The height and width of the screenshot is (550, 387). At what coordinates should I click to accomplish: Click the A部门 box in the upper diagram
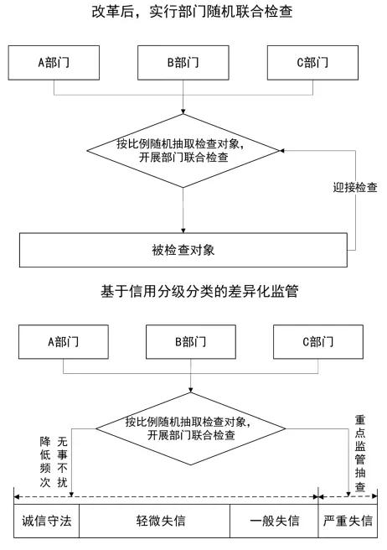pyautogui.click(x=54, y=63)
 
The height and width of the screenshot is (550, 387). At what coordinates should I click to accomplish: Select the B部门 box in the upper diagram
pyautogui.click(x=183, y=63)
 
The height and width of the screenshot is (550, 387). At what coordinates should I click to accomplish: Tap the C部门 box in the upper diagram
pyautogui.click(x=312, y=63)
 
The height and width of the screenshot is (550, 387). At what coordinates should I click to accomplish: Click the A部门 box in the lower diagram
pyautogui.click(x=64, y=341)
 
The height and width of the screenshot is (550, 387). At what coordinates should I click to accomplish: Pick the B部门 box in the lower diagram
pyautogui.click(x=191, y=341)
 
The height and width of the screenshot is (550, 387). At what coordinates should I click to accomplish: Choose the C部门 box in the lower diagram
pyautogui.click(x=318, y=341)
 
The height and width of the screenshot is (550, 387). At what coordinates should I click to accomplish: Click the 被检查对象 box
pyautogui.click(x=183, y=250)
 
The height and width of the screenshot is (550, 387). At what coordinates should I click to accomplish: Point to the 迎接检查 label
pyautogui.click(x=355, y=187)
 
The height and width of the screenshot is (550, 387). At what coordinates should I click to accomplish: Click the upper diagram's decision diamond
pyautogui.click(x=183, y=151)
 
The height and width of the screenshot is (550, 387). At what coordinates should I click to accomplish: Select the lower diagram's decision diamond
pyautogui.click(x=191, y=428)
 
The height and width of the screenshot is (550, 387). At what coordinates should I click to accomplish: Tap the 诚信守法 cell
pyautogui.click(x=47, y=521)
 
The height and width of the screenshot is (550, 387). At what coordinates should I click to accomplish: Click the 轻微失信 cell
pyautogui.click(x=155, y=521)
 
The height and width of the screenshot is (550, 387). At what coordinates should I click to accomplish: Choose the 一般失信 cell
pyautogui.click(x=274, y=521)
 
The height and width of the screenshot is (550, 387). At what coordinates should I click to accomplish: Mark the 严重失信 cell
pyautogui.click(x=348, y=521)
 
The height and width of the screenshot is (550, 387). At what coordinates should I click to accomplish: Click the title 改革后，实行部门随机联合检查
pyautogui.click(x=192, y=12)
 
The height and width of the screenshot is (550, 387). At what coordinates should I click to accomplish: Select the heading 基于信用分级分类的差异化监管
pyautogui.click(x=199, y=292)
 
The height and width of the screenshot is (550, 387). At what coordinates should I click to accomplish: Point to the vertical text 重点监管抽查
pyautogui.click(x=360, y=454)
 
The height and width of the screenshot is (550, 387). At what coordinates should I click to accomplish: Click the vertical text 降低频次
pyautogui.click(x=45, y=462)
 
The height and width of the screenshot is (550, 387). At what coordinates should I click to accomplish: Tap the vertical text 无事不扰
pyautogui.click(x=62, y=462)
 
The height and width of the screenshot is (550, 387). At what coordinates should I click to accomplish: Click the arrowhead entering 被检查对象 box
pyautogui.click(x=183, y=231)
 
